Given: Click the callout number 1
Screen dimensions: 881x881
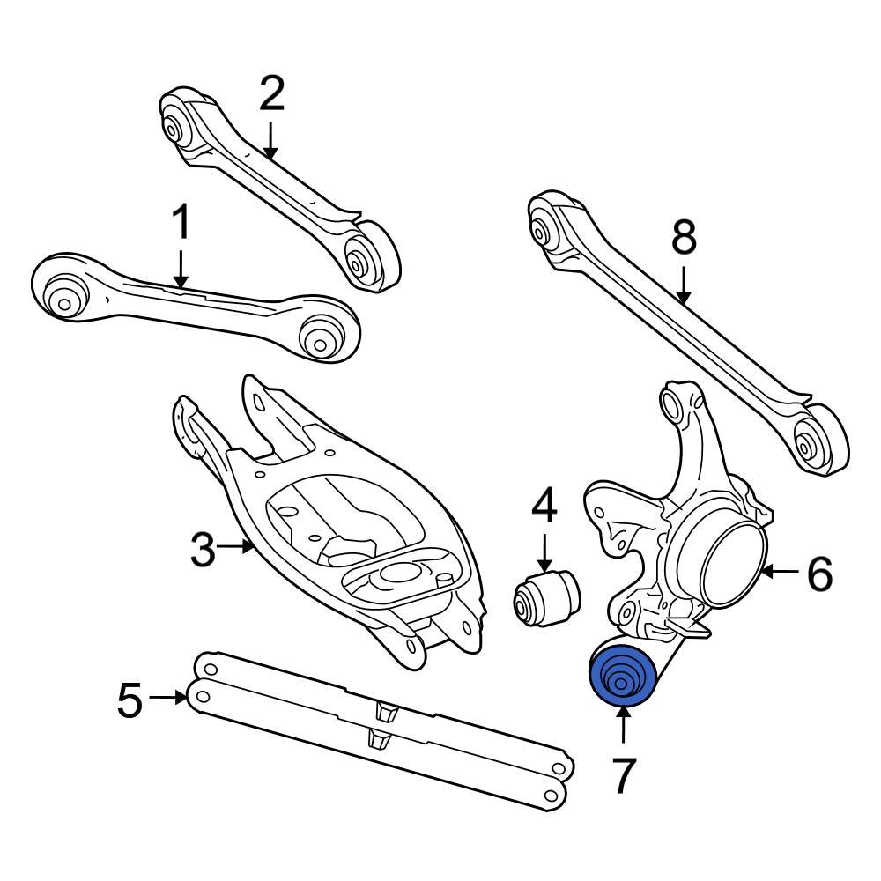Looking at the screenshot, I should point(181,224).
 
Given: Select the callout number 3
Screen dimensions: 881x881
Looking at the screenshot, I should point(203,550).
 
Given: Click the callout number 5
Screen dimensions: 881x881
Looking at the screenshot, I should point(130,700).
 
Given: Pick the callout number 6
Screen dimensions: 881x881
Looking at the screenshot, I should point(819,574).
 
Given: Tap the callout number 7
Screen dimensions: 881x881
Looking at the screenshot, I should point(623,774).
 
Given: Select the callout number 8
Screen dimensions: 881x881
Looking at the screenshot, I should point(684,237).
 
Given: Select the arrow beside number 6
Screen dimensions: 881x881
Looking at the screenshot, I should point(779,573).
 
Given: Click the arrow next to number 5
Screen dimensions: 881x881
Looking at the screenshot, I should point(168,698).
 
